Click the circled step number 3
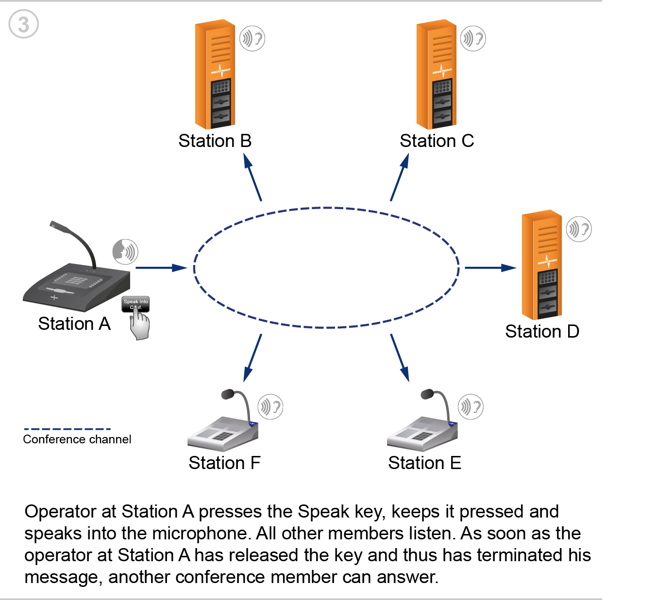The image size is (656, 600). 23,24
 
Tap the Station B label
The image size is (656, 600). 215,141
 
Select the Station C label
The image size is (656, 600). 437,141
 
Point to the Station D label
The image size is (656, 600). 542,331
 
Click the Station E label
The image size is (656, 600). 424,463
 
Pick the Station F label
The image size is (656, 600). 224,463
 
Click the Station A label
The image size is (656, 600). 74,324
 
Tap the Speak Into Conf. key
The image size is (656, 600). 135,304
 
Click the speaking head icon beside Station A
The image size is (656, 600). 125,252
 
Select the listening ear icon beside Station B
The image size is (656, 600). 252,39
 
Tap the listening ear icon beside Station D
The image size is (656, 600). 579,229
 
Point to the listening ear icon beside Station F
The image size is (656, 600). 270,407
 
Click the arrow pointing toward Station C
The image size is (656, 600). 400,177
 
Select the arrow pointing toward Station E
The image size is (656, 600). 400,358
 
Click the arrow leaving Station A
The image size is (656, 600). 161,268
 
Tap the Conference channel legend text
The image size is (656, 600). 77,439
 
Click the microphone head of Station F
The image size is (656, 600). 228,394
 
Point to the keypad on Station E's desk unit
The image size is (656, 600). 422,436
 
